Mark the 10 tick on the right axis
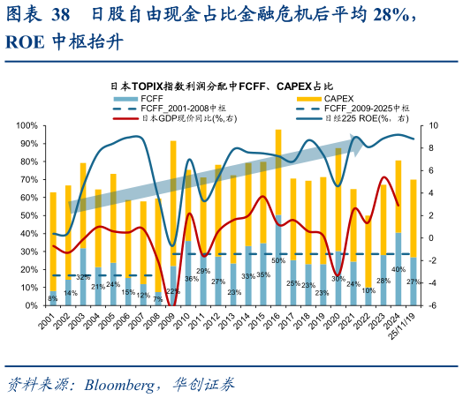point(433,125)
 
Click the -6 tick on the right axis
point(433,305)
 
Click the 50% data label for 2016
point(278,260)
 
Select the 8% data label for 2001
point(53,298)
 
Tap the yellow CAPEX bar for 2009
point(173,203)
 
